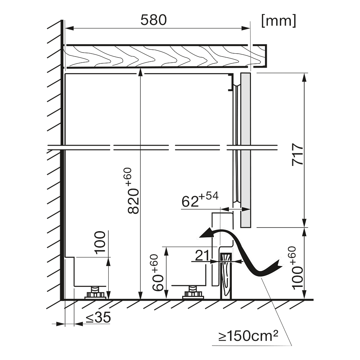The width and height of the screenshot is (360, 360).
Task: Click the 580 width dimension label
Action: [154, 20]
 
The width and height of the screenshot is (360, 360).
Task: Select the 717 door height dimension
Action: [298, 154]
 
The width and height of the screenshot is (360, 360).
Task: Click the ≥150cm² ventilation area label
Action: [248, 336]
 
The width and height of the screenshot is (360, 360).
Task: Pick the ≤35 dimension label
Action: [98, 317]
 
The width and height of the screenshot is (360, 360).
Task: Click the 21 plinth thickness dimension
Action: [202, 255]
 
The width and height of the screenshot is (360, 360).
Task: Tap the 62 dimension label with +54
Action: [200, 199]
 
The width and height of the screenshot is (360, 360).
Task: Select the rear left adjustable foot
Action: [95, 293]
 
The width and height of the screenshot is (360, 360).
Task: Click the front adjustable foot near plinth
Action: [193, 293]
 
